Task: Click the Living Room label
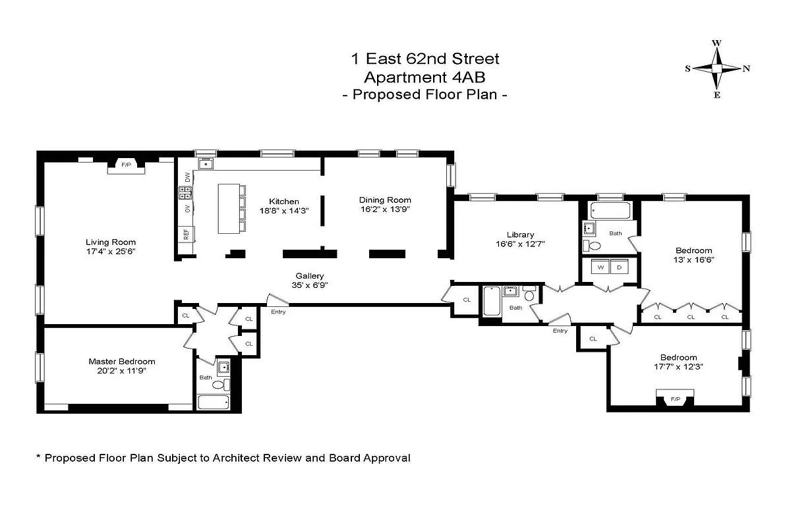click(x=111, y=242)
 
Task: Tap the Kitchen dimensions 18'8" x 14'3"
click(x=283, y=210)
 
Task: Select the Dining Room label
click(x=385, y=200)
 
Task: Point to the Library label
click(x=520, y=235)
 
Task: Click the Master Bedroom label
click(x=122, y=361)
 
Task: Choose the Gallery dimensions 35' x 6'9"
click(x=309, y=285)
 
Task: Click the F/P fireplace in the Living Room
click(x=125, y=164)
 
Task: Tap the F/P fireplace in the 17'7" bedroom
click(x=675, y=399)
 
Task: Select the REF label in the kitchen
click(x=187, y=233)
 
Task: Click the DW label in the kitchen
click(x=188, y=177)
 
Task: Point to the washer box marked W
click(x=601, y=267)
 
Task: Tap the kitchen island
click(x=229, y=208)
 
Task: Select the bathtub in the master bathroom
click(x=214, y=402)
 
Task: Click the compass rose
click(x=717, y=69)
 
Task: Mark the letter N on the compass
click(x=746, y=69)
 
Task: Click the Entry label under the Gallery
click(x=278, y=312)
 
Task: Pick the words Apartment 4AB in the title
click(x=425, y=76)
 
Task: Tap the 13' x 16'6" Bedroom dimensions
click(x=695, y=260)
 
